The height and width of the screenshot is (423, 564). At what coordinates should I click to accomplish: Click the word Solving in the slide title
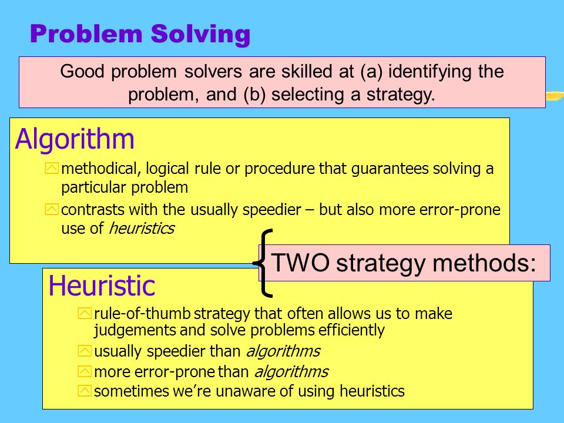200,35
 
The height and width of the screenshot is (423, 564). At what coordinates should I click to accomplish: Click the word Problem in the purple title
86,34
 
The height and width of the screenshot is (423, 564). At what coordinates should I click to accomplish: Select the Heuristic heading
102,286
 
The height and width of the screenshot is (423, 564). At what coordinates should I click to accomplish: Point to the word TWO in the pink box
300,263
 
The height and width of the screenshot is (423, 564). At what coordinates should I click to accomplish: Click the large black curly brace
263,263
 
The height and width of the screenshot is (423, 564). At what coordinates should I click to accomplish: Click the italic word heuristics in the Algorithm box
142,229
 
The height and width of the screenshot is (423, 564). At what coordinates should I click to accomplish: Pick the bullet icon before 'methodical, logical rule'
52,169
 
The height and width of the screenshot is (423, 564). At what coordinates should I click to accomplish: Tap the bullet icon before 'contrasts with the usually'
52,209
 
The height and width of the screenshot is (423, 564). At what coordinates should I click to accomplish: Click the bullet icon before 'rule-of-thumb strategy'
85,313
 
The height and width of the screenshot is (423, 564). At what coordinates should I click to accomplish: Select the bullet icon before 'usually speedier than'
85,351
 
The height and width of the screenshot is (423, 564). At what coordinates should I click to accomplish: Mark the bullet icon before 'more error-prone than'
85,371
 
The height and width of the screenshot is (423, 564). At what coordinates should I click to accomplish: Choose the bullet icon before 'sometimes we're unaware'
85,391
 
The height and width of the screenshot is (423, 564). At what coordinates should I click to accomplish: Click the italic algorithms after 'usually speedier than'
283,351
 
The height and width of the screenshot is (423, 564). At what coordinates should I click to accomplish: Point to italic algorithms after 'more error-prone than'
292,372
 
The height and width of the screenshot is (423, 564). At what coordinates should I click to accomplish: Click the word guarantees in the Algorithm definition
390,169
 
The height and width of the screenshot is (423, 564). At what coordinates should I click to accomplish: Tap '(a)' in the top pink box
372,72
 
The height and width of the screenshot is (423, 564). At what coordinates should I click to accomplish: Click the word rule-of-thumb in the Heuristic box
142,314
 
